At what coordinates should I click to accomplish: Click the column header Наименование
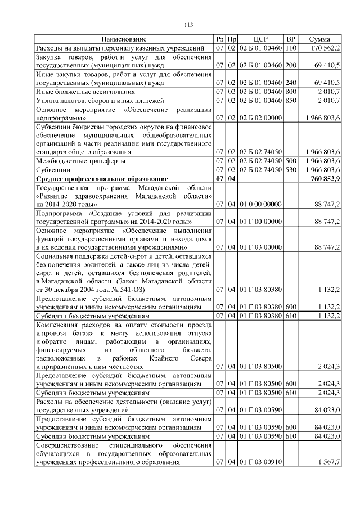(124, 39)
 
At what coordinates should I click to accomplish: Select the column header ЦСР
(260, 39)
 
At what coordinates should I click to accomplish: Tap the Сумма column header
(319, 39)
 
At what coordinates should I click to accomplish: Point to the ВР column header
(291, 39)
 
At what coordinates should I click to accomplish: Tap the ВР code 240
(291, 82)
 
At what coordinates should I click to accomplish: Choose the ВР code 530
(291, 169)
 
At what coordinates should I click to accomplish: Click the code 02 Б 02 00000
(260, 119)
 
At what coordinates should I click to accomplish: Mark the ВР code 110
(291, 48)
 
